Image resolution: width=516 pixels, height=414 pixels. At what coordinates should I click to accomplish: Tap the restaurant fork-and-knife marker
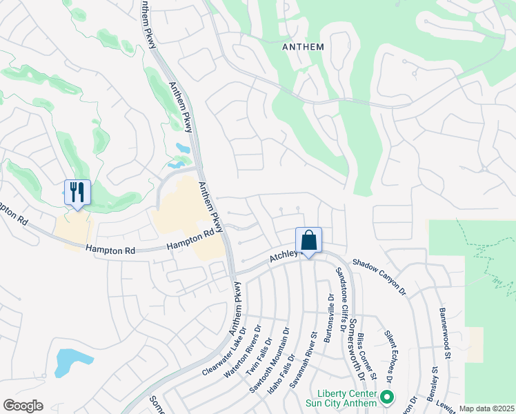(x=77, y=193)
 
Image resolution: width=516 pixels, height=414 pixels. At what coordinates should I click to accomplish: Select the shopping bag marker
(x=308, y=241)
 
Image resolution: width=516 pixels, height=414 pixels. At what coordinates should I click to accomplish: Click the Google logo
(x=23, y=405)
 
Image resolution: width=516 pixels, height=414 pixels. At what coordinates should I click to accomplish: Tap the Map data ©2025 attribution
(x=486, y=408)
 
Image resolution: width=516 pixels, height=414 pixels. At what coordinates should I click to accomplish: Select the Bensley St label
(x=435, y=386)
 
